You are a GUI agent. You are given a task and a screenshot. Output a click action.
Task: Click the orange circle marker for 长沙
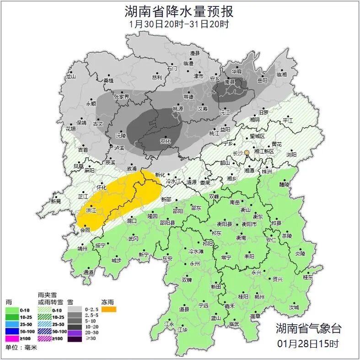pyautogui.click(x=247, y=152)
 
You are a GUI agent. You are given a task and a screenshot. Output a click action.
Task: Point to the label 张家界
pyautogui.click(x=121, y=97)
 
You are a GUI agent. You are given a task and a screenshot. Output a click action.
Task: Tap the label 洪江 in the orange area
pyautogui.click(x=91, y=210)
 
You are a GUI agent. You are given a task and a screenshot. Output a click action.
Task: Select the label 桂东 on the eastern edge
pyautogui.click(x=308, y=277)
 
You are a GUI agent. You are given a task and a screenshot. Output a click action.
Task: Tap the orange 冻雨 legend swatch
pyautogui.click(x=109, y=310)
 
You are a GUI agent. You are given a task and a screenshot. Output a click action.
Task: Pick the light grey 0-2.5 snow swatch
pyautogui.click(x=74, y=310)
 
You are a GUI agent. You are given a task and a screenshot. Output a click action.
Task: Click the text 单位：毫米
pyautogui.click(x=21, y=348)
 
